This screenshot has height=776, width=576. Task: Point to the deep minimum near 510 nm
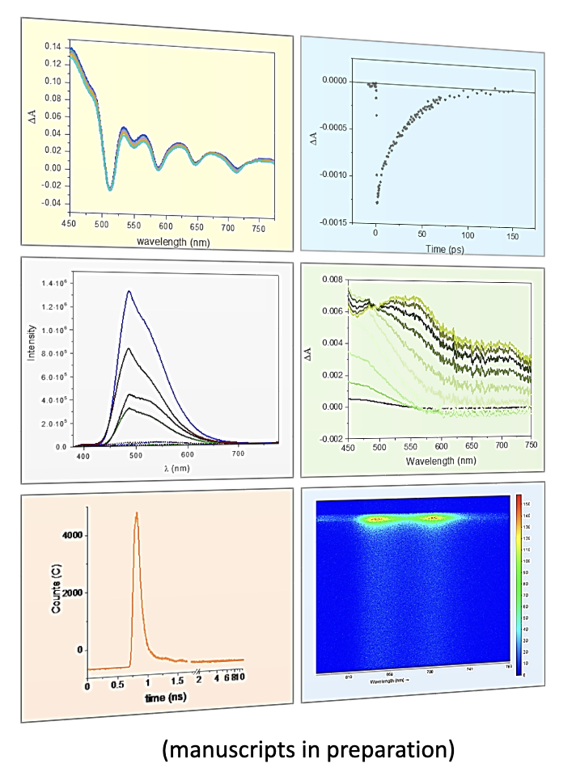tap(110, 189)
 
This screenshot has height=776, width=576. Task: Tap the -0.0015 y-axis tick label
tap(332, 221)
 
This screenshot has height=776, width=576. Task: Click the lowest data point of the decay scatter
tap(377, 202)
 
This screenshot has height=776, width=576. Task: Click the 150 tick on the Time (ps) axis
tap(513, 235)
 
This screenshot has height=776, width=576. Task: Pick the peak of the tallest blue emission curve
tap(129, 292)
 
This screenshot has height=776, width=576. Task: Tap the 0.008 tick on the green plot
tap(332, 280)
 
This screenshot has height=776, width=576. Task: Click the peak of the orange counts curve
tap(137, 512)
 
